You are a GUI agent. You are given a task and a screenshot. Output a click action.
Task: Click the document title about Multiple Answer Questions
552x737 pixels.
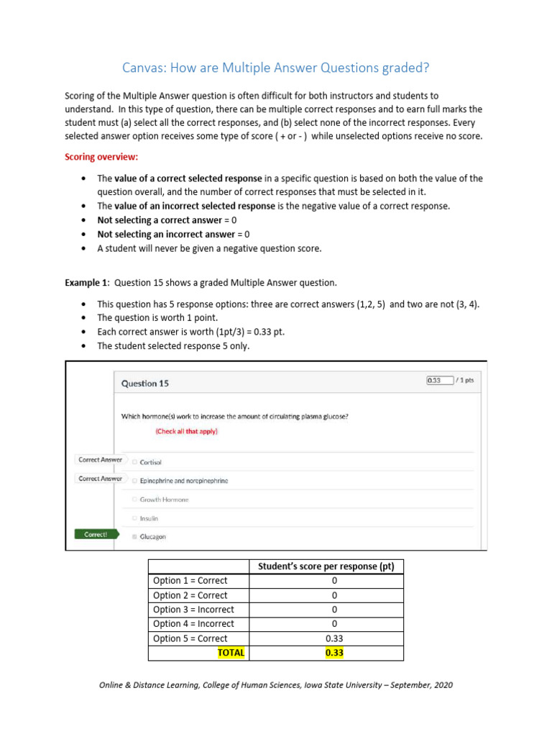coord(276,68)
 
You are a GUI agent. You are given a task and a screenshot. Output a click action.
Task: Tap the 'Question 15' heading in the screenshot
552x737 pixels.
coord(145,384)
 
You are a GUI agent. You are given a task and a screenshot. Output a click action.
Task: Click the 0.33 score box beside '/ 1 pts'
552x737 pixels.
coord(439,380)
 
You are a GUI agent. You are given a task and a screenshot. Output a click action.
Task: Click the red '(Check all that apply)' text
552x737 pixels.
coord(187,431)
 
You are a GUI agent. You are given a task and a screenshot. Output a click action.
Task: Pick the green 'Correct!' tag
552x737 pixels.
coord(96,535)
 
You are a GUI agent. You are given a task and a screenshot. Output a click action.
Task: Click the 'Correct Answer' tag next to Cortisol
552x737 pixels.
coord(100,460)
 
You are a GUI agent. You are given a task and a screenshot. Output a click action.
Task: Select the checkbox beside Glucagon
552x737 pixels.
coord(134,537)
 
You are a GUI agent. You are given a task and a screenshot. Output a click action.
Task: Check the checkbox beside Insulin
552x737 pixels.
coord(134,518)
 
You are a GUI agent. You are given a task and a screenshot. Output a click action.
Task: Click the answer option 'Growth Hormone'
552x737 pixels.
coord(164,499)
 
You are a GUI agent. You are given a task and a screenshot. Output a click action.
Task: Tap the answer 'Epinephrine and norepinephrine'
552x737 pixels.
coord(183,481)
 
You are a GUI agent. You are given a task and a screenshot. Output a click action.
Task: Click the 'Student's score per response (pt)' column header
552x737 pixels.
coord(326,566)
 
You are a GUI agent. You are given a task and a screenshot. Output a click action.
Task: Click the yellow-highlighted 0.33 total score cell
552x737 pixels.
coord(326,653)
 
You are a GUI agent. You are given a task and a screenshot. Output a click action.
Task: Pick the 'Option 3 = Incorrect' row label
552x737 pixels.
coord(193,610)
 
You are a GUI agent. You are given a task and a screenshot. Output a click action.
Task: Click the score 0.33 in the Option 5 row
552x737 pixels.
coord(326,638)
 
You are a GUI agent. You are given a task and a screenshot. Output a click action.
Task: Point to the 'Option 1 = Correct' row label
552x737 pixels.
coord(190,581)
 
